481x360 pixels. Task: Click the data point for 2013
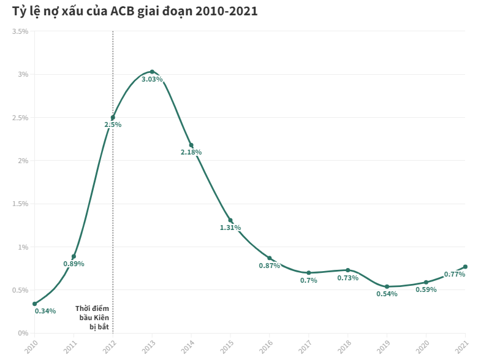(x=152, y=72)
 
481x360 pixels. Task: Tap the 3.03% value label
(x=152, y=79)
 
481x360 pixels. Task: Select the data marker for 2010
(x=34, y=304)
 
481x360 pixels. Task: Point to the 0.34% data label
(x=45, y=311)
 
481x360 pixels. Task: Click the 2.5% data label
(x=113, y=124)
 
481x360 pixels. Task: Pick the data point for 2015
(x=230, y=220)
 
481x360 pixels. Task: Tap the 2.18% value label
(x=191, y=152)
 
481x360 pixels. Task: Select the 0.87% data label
(x=270, y=266)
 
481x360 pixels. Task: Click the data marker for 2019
(x=387, y=286)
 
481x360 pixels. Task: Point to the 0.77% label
(x=454, y=274)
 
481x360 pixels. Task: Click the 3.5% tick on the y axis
(x=21, y=31)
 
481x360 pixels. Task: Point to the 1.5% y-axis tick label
(x=21, y=204)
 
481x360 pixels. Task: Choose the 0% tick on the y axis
(x=23, y=333)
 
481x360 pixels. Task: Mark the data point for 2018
(x=347, y=270)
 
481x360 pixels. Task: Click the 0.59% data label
(x=426, y=289)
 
